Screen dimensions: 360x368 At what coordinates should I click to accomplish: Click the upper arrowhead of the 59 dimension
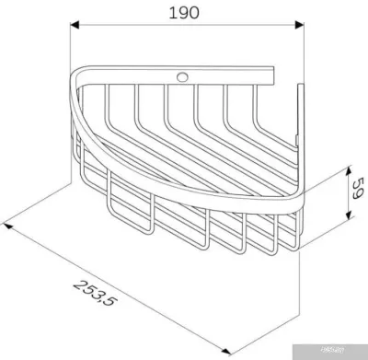(x=350, y=168)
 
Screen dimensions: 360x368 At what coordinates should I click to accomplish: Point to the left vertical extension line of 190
(x=73, y=55)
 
